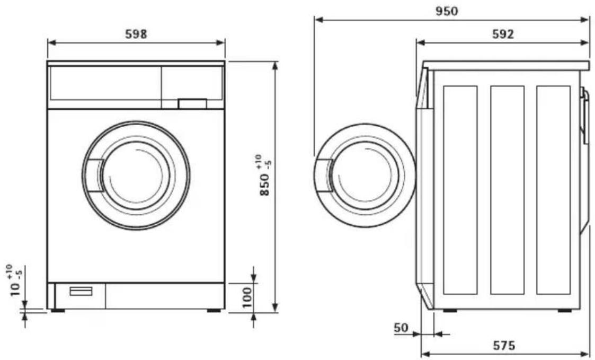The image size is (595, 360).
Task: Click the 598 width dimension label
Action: [x=136, y=34]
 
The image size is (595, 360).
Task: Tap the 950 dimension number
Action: [x=446, y=11]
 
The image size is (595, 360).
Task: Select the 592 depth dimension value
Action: [x=503, y=34]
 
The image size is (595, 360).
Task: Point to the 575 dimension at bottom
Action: [x=504, y=346]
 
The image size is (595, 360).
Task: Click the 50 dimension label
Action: [x=402, y=328]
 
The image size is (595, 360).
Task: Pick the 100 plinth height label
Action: [x=247, y=297]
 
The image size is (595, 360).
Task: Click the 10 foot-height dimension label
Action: [x=15, y=280]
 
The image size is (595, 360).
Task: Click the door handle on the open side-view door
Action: [x=324, y=176]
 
